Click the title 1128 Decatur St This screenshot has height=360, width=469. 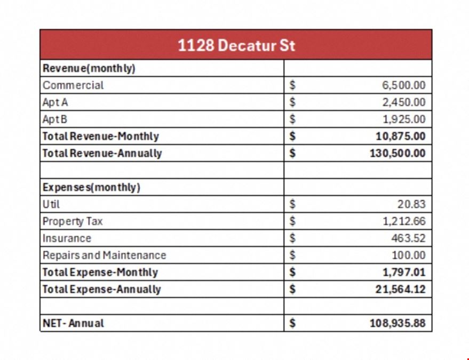tap(236, 45)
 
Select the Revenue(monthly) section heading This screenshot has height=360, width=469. tap(89, 68)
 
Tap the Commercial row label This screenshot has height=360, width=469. tap(73, 85)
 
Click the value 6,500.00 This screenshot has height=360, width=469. tap(403, 85)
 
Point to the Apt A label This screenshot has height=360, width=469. tap(55, 102)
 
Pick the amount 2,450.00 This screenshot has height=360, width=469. tap(403, 102)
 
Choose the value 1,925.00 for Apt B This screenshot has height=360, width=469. tap(404, 119)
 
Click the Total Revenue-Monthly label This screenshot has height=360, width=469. tap(100, 137)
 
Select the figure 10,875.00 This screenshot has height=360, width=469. tap(401, 137)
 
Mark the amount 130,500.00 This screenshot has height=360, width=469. tap(398, 154)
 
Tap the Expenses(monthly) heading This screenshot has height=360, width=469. tap(91, 188)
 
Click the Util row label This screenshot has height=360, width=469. tap(51, 204)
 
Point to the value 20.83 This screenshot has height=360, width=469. tap(411, 204)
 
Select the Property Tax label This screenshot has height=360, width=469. tap(73, 221)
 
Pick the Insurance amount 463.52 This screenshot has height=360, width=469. tap(408, 238)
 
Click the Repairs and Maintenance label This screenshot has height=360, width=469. tap(104, 255)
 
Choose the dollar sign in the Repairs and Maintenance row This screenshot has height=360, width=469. tap(292, 255)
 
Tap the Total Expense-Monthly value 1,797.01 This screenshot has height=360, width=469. tap(404, 273)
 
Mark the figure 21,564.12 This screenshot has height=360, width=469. tap(401, 290)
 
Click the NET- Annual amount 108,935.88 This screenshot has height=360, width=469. tap(398, 323)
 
